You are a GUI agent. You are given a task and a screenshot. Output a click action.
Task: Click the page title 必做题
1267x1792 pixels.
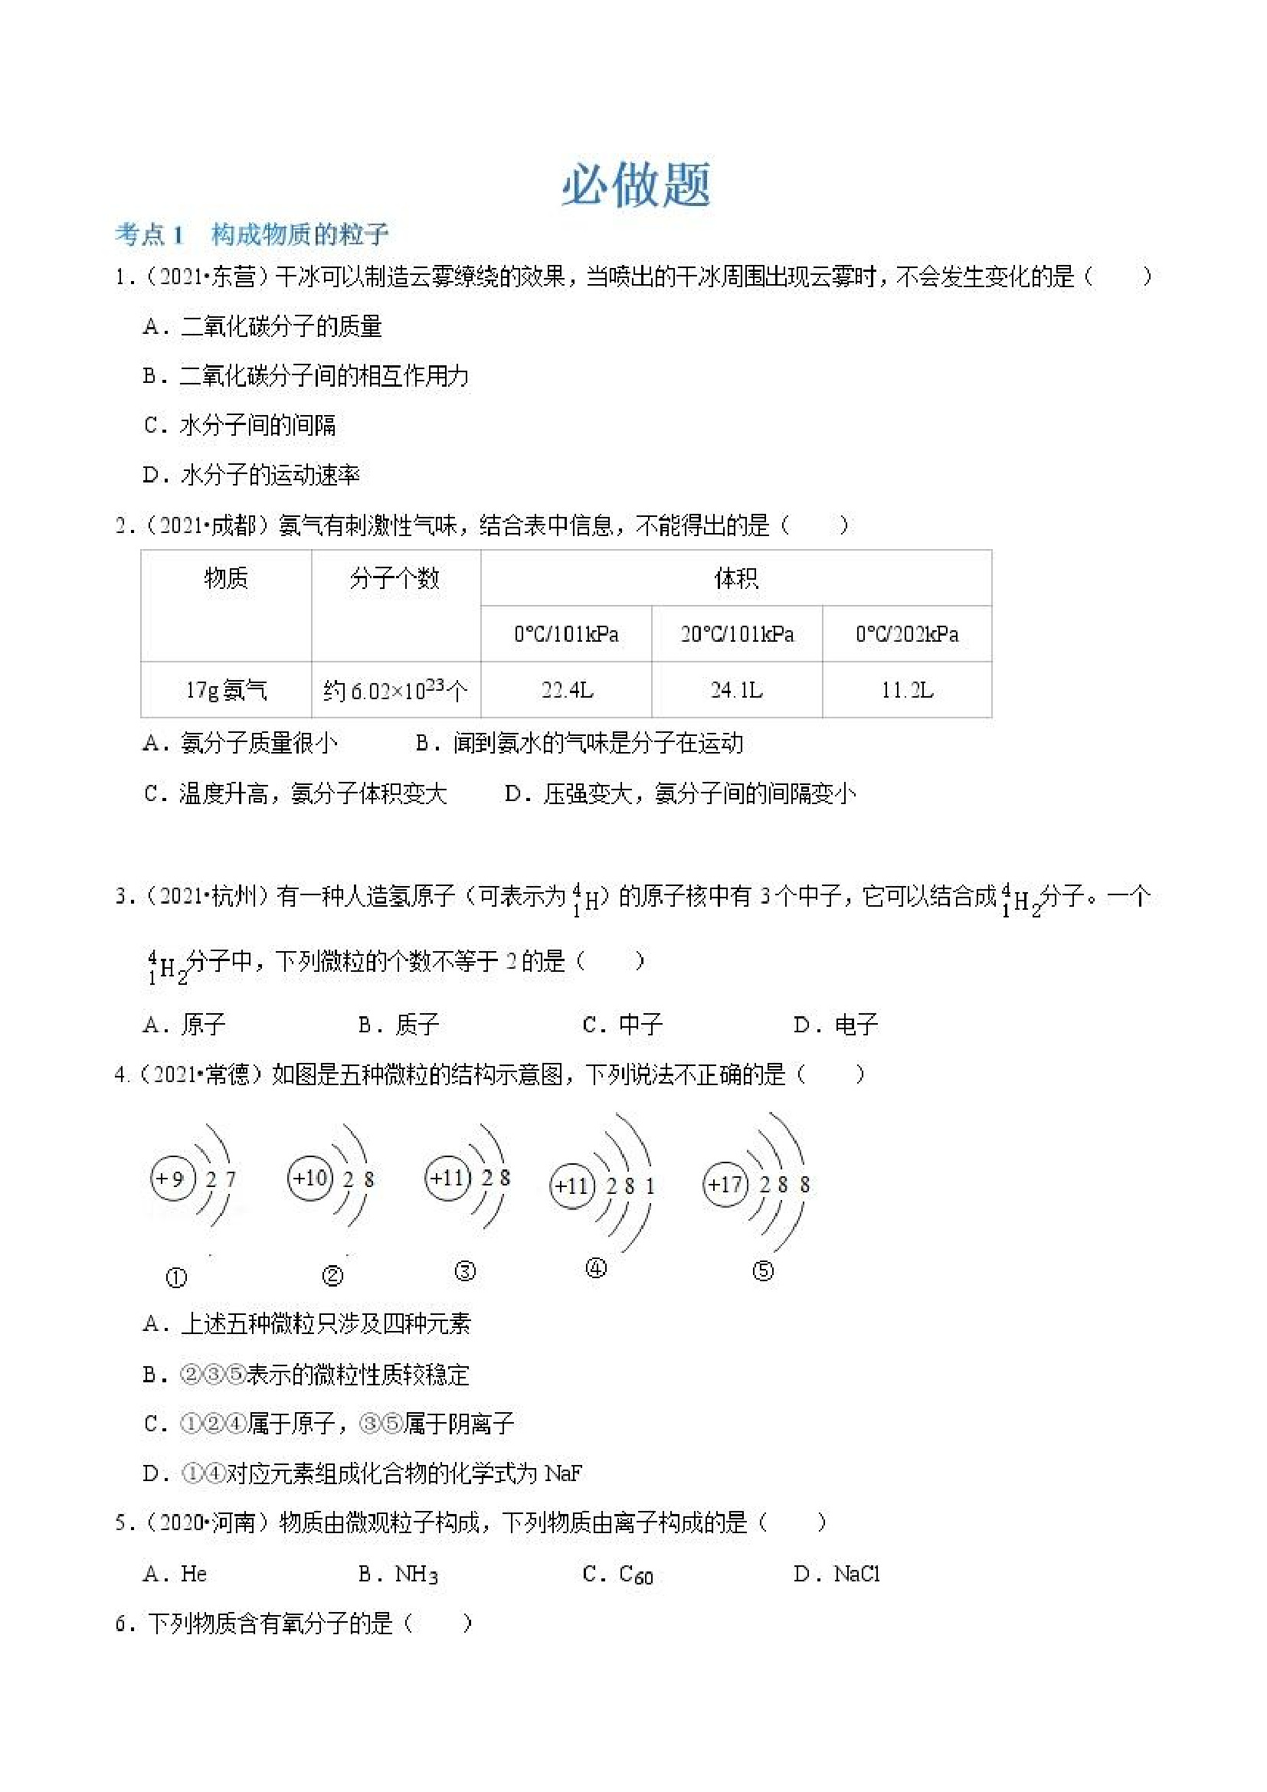pos(636,186)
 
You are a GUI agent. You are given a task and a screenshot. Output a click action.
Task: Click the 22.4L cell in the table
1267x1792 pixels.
pos(567,690)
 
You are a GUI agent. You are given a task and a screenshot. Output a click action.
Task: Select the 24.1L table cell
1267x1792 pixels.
pos(737,690)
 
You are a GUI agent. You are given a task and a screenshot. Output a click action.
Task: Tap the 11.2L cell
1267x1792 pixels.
pos(907,690)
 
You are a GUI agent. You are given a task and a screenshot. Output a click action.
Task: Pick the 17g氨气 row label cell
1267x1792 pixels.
pos(226,690)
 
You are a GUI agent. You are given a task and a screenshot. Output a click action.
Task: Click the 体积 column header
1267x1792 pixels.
pos(736,578)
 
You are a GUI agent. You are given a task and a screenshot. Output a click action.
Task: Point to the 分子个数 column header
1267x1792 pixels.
pos(395,578)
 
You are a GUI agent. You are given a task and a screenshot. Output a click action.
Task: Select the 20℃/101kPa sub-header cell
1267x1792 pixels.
pos(737,634)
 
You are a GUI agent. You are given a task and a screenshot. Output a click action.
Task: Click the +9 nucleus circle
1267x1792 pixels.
pos(172,1178)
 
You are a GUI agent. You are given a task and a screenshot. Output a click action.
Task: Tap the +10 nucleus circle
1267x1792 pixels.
pos(310,1177)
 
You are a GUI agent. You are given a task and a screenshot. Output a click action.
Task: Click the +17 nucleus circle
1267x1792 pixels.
pos(725,1185)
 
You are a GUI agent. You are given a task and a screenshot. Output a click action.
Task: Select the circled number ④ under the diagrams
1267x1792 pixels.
pos(596,1268)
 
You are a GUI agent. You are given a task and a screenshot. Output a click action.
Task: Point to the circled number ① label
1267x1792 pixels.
pos(176,1277)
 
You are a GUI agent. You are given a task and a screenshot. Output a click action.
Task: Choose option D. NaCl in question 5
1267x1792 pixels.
pos(836,1574)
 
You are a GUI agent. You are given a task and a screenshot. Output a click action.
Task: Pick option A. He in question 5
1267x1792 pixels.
pos(175,1574)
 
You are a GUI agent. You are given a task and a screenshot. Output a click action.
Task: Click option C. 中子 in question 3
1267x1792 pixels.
pos(623,1024)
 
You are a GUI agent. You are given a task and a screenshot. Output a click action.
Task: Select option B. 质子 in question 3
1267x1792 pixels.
pos(399,1024)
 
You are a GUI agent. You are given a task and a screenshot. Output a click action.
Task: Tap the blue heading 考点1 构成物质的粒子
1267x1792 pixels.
pos(251,234)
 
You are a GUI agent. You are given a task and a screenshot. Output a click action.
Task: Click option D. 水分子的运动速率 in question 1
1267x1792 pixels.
pos(251,475)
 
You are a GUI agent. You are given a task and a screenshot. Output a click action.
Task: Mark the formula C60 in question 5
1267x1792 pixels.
pos(637,1575)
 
